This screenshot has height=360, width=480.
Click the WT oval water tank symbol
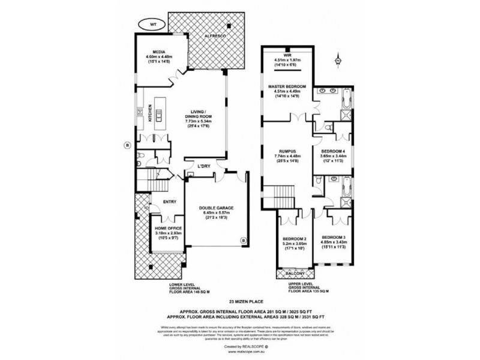[x=152, y=24]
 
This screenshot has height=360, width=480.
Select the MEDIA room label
[x=158, y=52]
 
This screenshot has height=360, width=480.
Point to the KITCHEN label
[x=149, y=114]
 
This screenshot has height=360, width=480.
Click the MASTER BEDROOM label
[x=287, y=87]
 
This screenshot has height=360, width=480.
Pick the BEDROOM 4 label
[x=334, y=151]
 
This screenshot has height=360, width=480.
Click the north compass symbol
[x=338, y=60]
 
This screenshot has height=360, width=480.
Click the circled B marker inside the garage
[x=243, y=241]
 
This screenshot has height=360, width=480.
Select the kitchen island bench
[x=160, y=112]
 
